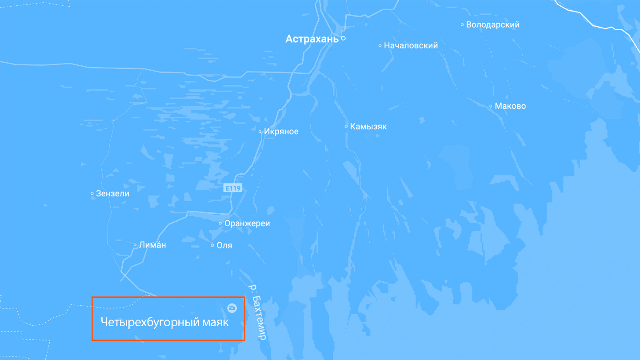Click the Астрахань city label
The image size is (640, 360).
(x=312, y=39)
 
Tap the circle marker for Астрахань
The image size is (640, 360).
(x=343, y=39)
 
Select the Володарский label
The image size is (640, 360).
(x=492, y=25)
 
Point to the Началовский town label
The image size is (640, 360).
(x=411, y=45)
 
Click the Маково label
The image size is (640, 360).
(x=510, y=106)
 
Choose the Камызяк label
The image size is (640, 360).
(x=368, y=127)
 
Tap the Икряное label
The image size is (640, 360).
(x=281, y=132)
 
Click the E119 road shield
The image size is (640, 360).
(x=233, y=188)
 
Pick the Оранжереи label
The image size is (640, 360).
(x=247, y=224)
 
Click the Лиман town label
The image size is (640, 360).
(x=152, y=245)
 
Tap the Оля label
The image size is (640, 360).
(x=224, y=245)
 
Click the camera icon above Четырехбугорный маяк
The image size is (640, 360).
(x=232, y=308)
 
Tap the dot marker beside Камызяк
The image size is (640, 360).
(x=346, y=126)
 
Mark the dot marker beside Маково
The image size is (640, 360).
(x=491, y=106)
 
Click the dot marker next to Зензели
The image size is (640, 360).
(x=92, y=194)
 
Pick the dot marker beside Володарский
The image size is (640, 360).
(x=462, y=25)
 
